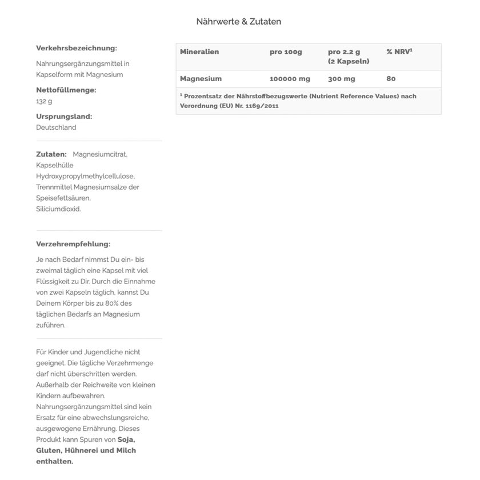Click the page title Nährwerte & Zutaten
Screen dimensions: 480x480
(239, 22)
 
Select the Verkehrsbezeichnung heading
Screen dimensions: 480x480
(77, 48)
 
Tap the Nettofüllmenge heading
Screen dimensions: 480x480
(66, 90)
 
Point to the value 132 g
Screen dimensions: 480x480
(44, 101)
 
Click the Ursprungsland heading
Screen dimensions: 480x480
(64, 117)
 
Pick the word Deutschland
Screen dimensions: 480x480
(56, 127)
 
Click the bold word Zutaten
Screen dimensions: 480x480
(50, 154)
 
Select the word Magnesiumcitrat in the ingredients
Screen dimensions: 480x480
(99, 154)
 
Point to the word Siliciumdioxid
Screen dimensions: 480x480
(58, 209)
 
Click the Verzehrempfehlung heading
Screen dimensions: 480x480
(73, 244)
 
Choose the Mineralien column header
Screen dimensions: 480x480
(199, 52)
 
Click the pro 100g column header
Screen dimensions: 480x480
(286, 52)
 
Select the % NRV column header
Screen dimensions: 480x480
(399, 52)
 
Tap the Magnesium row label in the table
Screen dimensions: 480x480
(201, 79)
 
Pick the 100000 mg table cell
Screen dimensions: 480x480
(290, 79)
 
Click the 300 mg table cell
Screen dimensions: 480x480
(342, 79)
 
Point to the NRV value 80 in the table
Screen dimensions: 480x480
(391, 79)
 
